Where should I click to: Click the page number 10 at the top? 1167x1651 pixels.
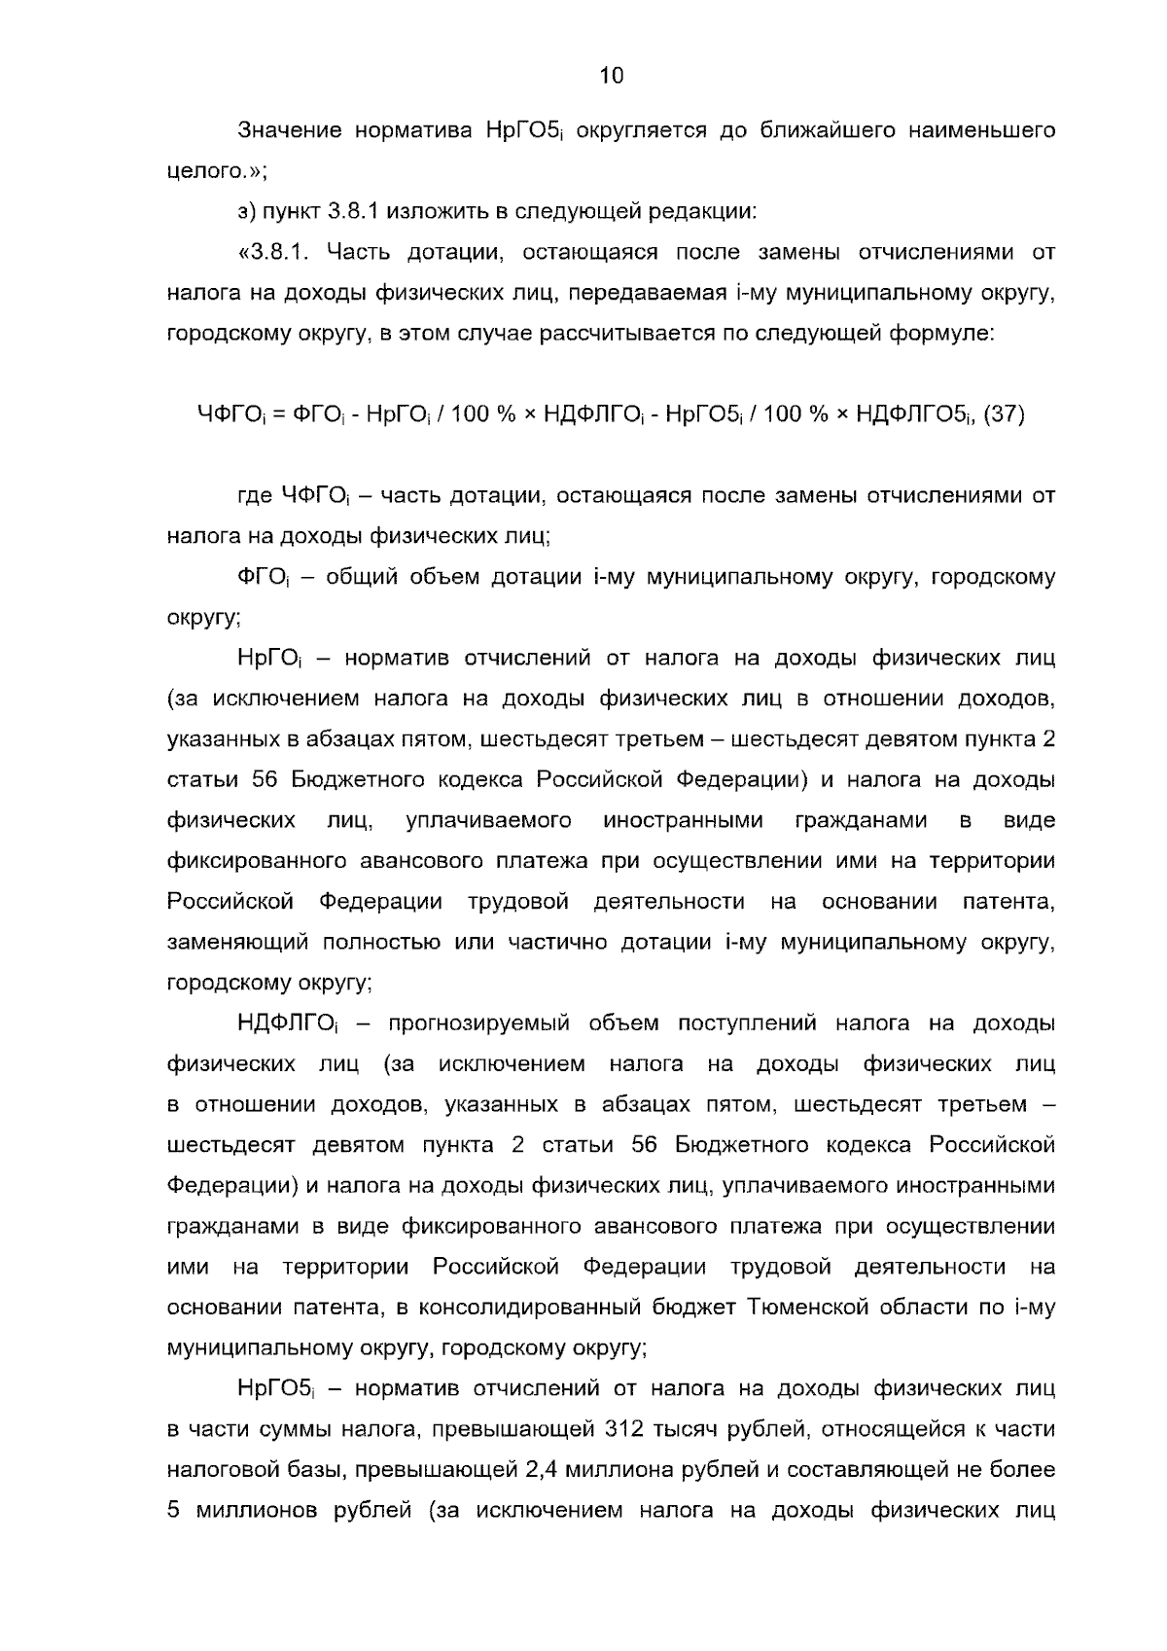[612, 76]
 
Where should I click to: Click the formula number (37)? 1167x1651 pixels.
[1005, 414]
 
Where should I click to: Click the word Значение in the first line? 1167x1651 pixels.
[289, 130]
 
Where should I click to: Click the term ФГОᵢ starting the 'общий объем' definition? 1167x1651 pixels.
[261, 578]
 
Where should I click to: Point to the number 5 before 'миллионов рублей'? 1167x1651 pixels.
[173, 1511]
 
